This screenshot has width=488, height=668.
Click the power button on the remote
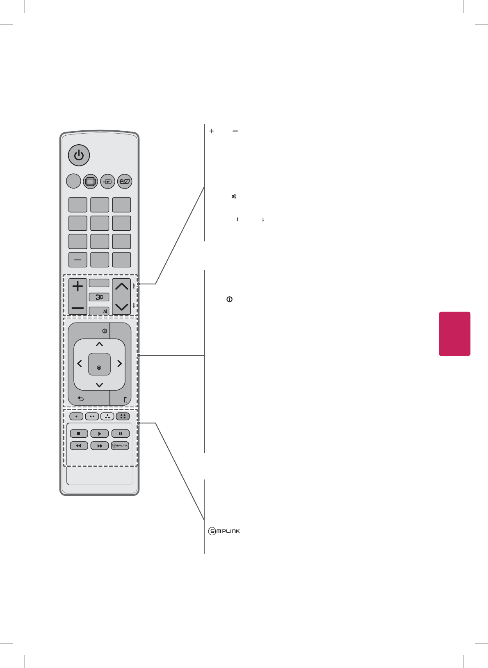(x=79, y=156)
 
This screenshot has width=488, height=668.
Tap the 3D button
(x=99, y=297)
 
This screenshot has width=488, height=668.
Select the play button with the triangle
(x=100, y=434)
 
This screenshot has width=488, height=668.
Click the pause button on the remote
(x=121, y=434)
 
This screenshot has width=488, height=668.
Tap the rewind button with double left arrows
(x=79, y=445)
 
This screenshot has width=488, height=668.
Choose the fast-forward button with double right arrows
(x=100, y=445)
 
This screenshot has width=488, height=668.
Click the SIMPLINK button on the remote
(x=120, y=445)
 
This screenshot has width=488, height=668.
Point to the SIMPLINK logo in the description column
(x=224, y=531)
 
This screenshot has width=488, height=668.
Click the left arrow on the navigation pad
(x=80, y=364)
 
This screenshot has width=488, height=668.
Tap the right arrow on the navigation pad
(x=119, y=364)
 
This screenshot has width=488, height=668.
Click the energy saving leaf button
(x=125, y=181)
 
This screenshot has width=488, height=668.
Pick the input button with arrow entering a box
(x=107, y=181)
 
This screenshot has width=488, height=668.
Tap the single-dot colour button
(x=76, y=416)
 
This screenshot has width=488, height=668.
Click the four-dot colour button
(x=123, y=416)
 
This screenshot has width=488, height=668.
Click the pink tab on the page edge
(x=454, y=334)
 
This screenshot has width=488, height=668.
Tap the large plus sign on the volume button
(x=78, y=286)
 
